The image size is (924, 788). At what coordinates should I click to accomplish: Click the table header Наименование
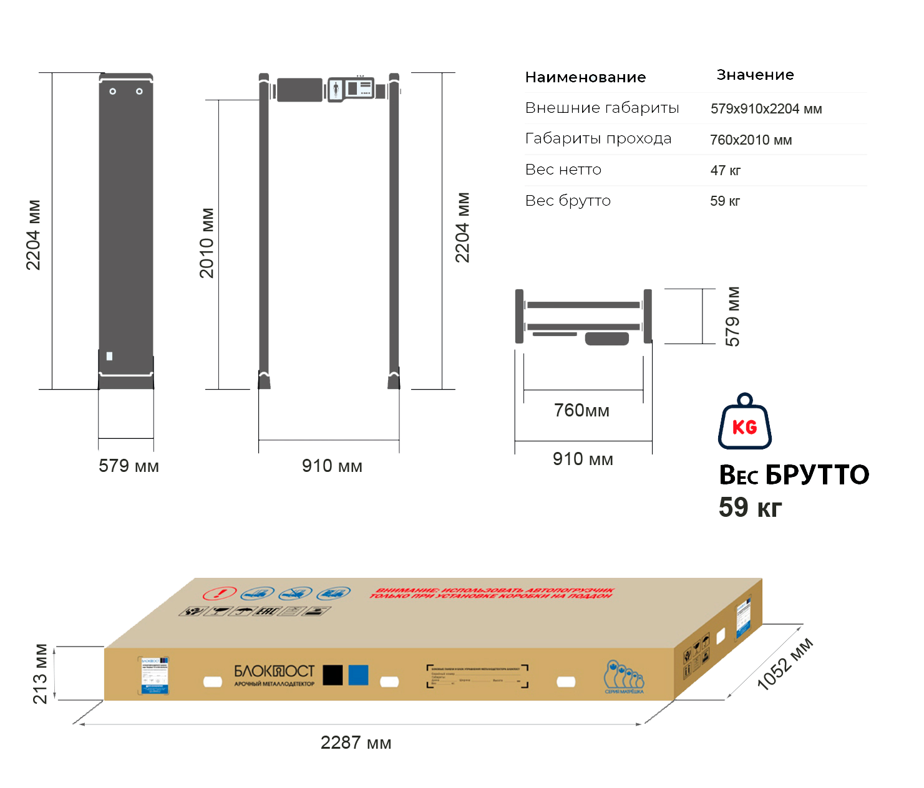pos(585,77)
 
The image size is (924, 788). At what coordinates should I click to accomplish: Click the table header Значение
pos(755,75)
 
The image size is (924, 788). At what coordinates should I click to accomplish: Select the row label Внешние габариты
pos(601,108)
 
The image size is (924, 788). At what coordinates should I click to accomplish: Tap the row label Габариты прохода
pos(598,138)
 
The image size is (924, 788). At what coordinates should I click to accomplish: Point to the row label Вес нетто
pos(563,170)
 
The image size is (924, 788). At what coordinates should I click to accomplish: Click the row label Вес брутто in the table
pos(568,201)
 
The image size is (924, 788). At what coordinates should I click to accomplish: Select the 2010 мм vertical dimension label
pos(207,243)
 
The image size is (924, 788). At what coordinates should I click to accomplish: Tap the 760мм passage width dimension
pos(581,410)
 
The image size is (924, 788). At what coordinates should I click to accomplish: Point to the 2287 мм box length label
pos(355,742)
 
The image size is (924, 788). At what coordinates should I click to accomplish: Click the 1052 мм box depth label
pos(785,664)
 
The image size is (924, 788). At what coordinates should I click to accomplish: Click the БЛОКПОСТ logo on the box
pos(275,671)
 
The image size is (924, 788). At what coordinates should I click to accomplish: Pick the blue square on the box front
pos(358,675)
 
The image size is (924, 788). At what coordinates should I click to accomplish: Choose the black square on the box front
pos(333,675)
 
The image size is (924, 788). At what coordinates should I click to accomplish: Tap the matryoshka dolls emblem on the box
pos(623,676)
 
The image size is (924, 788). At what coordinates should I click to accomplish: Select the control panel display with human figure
pos(350,89)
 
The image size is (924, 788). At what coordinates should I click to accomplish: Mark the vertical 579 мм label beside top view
pos(733,316)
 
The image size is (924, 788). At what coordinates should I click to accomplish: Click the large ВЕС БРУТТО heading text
pos(794,475)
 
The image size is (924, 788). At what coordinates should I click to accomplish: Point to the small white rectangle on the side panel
pos(110,356)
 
